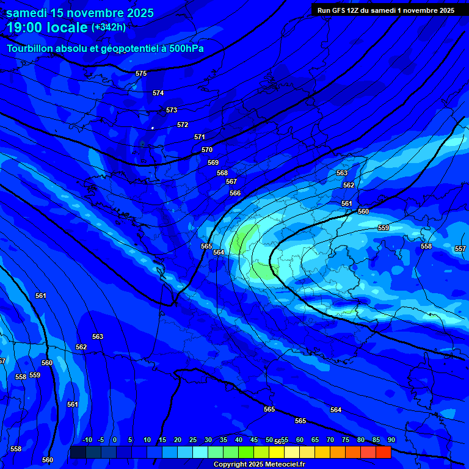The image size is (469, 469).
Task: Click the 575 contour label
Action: coord(141,73)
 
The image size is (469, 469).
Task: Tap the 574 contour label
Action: coord(158,93)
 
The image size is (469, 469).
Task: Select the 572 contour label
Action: coord(183,125)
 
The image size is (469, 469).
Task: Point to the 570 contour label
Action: coord(207,150)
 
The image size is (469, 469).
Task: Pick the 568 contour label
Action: coord(222,173)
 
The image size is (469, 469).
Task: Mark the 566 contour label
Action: coord(235,193)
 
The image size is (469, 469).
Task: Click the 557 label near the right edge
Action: coord(460,249)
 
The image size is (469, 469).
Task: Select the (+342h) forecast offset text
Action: coord(109,27)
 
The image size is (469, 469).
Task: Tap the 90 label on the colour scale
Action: coord(391,440)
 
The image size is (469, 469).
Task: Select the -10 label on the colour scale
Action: coord(87,440)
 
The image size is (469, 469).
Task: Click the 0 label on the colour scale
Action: coord(115,440)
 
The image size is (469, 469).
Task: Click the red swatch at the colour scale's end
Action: coord(383,452)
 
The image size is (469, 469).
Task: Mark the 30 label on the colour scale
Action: coord(208,440)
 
